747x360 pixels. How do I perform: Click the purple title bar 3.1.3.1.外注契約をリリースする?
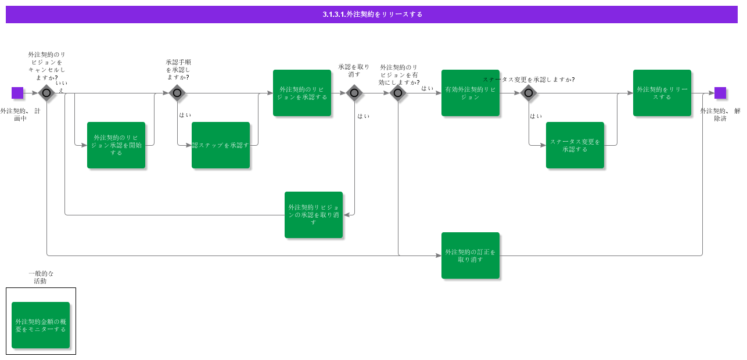click(372, 15)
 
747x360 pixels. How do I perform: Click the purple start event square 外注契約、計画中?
click(17, 93)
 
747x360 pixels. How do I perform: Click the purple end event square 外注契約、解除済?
click(720, 93)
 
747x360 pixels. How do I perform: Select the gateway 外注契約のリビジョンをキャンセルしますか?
click(46, 93)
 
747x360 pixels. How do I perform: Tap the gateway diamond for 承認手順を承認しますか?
click(177, 93)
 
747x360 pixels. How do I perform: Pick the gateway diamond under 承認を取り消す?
click(354, 93)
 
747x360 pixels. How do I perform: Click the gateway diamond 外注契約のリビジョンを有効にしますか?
click(398, 93)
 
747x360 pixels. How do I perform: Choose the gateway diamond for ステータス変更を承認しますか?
click(529, 93)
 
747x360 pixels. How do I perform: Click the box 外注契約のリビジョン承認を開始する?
click(116, 145)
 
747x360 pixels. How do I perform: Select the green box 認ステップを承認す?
click(221, 145)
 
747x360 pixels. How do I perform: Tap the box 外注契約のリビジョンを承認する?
click(302, 93)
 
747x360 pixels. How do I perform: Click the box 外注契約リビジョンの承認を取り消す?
click(314, 215)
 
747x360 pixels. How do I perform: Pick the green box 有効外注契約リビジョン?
click(471, 93)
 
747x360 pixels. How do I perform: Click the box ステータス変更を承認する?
click(575, 145)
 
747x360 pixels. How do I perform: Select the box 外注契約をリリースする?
click(662, 93)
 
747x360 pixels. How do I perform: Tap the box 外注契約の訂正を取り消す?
click(471, 255)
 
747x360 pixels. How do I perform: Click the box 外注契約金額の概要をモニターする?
click(41, 325)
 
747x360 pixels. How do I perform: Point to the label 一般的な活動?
click(41, 277)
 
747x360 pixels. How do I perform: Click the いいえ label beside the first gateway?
click(62, 87)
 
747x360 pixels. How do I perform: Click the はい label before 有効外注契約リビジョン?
click(428, 88)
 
